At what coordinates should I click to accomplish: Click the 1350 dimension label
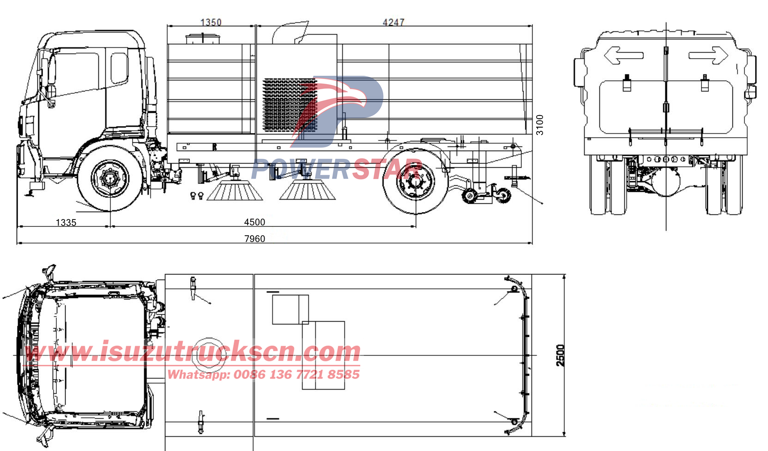click(211, 22)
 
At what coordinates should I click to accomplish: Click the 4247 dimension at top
click(393, 22)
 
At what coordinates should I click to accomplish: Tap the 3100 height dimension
click(539, 125)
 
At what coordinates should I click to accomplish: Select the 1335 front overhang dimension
click(66, 223)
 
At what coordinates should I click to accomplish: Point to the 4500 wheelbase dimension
click(254, 222)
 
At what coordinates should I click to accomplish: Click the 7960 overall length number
click(254, 238)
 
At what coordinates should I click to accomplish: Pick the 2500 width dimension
click(560, 355)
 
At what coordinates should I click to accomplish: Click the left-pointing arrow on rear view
click(623, 55)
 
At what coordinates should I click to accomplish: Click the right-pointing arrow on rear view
click(708, 55)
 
